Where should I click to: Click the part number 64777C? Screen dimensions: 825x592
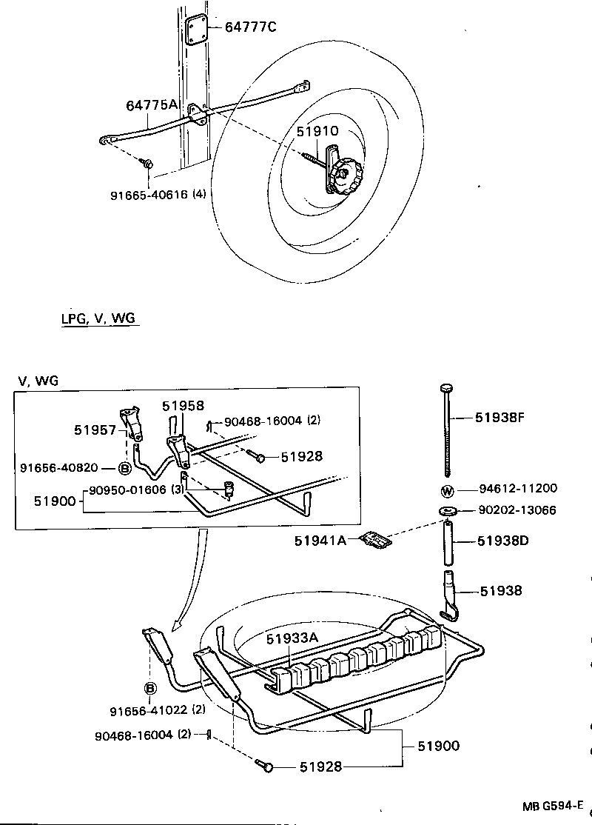coord(250,27)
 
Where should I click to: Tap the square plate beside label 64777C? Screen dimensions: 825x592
coord(195,30)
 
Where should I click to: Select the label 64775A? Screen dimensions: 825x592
coord(152,105)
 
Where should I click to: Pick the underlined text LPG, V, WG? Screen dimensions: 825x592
coord(99,318)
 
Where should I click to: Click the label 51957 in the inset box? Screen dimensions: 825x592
coord(94,429)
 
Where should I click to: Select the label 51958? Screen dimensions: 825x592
coord(183,406)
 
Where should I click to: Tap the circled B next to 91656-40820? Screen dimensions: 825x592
coord(124,468)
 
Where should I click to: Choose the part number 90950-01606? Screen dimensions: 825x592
coord(128,490)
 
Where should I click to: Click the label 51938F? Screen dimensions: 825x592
coord(499,418)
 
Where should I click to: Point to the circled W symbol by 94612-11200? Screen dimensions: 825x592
coord(447,490)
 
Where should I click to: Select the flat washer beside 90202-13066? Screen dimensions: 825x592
coord(447,510)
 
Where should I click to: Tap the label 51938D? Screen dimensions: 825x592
coord(502,541)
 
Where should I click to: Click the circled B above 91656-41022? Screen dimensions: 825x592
coord(149,689)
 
